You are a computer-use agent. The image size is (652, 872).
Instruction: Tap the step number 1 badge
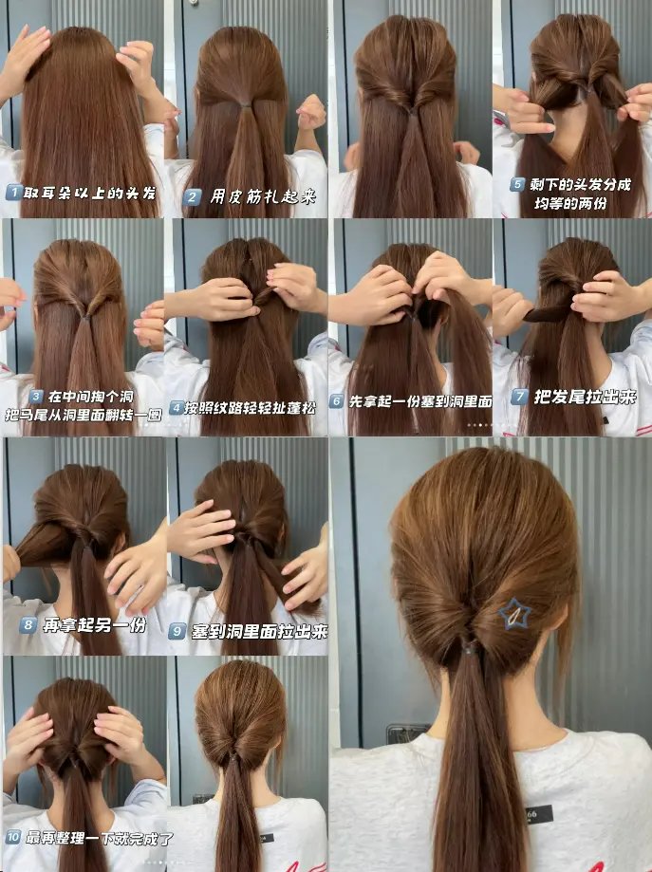pyautogui.click(x=13, y=193)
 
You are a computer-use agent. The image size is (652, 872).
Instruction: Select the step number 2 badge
pyautogui.click(x=192, y=196)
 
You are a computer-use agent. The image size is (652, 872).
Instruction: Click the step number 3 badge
pyautogui.click(x=36, y=397)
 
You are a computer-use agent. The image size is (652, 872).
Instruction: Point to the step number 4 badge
pyautogui.click(x=177, y=408)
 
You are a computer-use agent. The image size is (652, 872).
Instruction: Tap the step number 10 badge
pyautogui.click(x=12, y=837)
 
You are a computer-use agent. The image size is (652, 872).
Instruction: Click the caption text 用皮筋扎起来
pyautogui.click(x=263, y=196)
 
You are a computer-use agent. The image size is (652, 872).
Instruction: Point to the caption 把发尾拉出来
pyautogui.click(x=585, y=397)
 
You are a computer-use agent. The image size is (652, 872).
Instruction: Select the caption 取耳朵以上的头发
pyautogui.click(x=89, y=193)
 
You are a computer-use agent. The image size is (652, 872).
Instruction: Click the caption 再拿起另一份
pyautogui.click(x=95, y=624)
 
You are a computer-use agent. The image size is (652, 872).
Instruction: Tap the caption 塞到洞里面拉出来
pyautogui.click(x=260, y=631)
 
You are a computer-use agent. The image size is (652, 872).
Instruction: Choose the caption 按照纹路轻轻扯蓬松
pyautogui.click(x=251, y=408)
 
